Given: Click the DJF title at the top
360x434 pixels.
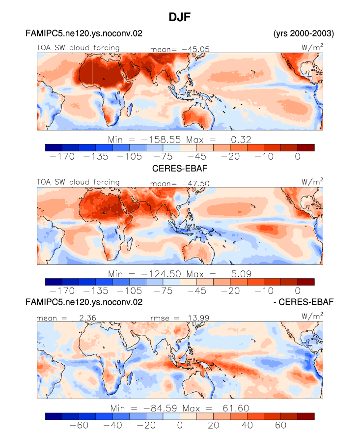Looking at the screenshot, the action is click(x=180, y=17).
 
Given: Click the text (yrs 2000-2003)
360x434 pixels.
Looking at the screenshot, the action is click(x=304, y=33).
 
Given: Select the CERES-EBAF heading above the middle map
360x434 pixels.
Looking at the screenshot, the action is click(x=180, y=168).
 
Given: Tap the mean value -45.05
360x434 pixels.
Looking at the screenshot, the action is click(x=195, y=49).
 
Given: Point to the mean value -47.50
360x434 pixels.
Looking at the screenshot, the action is click(x=195, y=183).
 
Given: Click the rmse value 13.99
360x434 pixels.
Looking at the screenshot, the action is click(x=198, y=318).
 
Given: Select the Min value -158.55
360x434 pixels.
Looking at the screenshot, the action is click(x=161, y=140).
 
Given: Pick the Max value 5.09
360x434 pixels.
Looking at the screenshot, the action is click(x=241, y=274).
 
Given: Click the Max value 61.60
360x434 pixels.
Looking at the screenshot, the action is click(x=236, y=408).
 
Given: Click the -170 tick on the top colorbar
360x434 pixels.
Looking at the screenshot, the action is click(x=62, y=157).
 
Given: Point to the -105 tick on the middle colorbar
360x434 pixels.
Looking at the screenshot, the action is click(x=129, y=291).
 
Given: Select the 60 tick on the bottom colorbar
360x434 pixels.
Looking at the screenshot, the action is click(x=280, y=425).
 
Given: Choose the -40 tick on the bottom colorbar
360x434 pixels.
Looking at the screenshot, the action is click(x=112, y=425).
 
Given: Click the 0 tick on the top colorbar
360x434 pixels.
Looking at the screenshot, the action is click(x=298, y=157).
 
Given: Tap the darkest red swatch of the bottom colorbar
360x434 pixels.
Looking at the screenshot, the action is click(x=306, y=416).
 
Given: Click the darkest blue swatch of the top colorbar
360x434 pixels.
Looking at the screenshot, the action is click(x=54, y=147).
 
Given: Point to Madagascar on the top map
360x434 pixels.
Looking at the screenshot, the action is click(x=129, y=109).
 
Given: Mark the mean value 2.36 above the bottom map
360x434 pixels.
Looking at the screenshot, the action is click(x=87, y=318).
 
